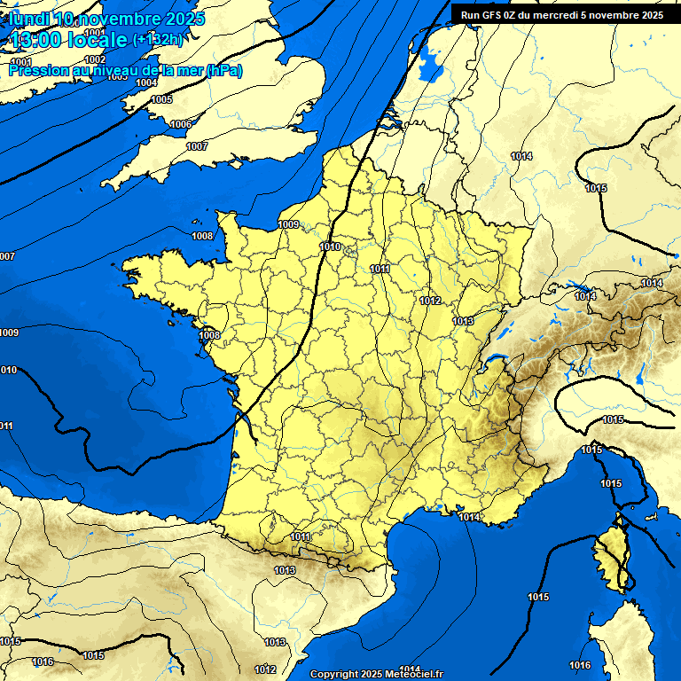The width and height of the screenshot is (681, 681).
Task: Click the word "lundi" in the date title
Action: [29, 18]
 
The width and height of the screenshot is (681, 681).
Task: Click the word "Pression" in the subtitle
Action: [37, 70]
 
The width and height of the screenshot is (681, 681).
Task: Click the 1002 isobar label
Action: [95, 59]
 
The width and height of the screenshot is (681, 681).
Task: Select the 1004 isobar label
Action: [147, 82]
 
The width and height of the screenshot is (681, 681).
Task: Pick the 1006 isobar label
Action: [180, 124]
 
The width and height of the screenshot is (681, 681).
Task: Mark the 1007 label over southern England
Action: [197, 146]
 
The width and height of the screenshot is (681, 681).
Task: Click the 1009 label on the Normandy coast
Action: [288, 224]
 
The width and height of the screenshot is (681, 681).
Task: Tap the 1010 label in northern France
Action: [330, 247]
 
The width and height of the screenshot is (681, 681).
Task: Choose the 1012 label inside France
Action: [431, 301]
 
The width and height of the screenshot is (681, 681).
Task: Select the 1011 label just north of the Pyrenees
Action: [300, 536]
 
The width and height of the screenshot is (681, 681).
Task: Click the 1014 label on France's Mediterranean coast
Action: [469, 517]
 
